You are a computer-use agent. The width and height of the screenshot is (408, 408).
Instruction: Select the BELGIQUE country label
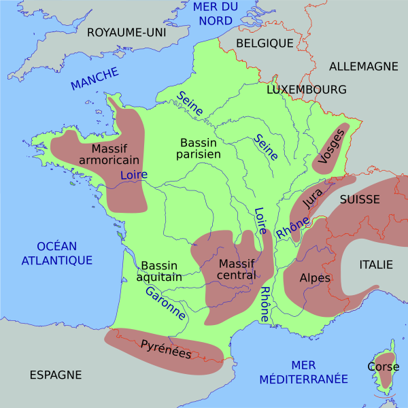tap(265, 43)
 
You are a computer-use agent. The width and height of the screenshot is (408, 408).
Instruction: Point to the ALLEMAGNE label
tap(363, 66)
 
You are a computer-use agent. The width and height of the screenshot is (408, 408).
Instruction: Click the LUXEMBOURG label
tap(306, 89)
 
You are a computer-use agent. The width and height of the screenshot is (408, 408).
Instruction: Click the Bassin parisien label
tap(199, 149)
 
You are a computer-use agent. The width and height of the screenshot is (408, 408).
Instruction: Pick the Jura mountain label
tap(312, 197)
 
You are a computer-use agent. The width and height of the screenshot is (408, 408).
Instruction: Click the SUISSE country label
tap(360, 199)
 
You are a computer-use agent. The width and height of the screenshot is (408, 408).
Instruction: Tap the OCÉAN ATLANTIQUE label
tap(56, 253)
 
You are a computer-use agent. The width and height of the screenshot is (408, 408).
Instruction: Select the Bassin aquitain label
tap(159, 271)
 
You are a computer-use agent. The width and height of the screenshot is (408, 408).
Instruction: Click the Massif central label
tap(237, 269)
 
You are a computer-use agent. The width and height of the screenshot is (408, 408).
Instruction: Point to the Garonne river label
tap(165, 303)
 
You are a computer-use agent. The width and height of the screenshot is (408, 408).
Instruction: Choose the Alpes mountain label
tap(315, 278)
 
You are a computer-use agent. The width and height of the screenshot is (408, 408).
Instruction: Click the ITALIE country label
tap(376, 265)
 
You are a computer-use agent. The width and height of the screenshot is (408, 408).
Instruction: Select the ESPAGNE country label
tap(55, 375)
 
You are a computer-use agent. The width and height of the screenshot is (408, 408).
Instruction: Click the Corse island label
tap(383, 366)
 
